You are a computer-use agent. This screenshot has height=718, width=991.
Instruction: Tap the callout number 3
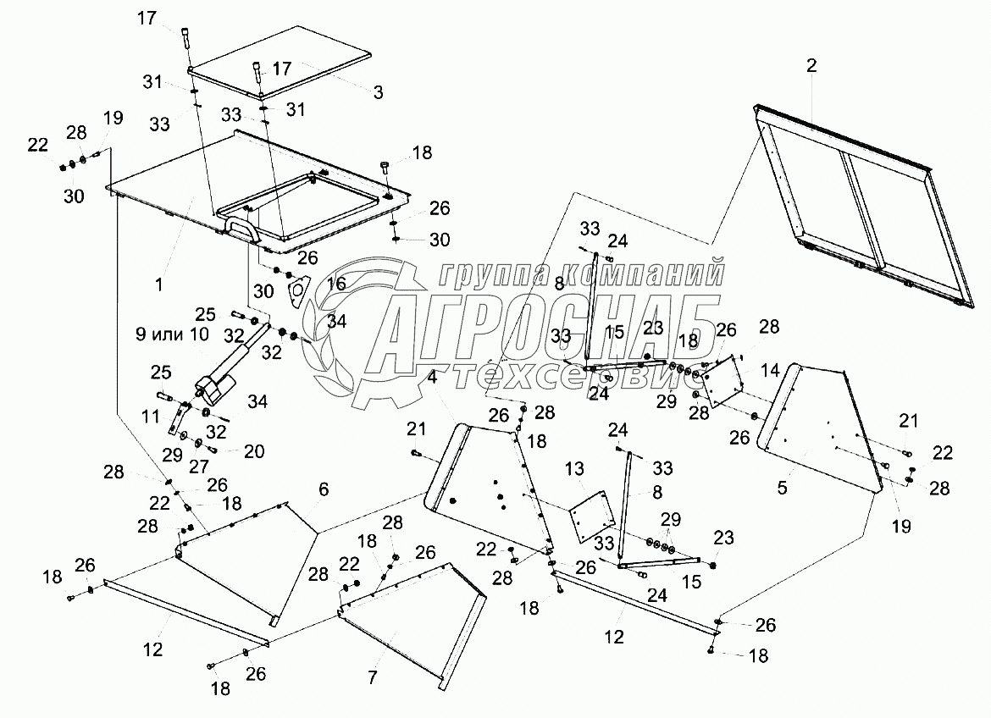click(378, 91)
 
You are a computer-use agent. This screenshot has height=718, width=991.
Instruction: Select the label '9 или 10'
click(172, 334)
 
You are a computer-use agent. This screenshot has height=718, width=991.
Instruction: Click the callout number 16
click(336, 284)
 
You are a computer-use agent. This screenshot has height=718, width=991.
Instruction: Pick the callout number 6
click(324, 489)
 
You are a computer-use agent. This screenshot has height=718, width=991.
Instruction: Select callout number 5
click(782, 488)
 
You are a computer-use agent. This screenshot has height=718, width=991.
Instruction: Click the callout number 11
click(149, 417)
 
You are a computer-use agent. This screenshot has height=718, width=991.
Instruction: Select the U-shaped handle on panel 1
click(241, 228)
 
